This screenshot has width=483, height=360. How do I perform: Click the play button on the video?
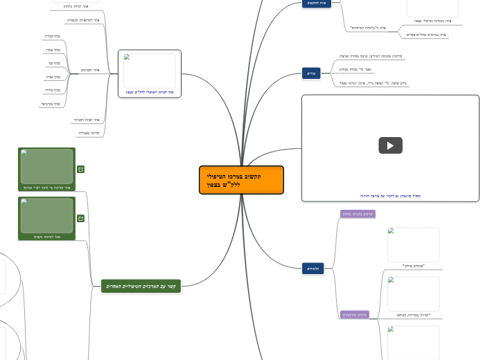pos(390,145)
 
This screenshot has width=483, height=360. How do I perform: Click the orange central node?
pos(241,180)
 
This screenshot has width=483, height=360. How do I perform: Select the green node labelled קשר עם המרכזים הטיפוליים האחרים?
pos(141,286)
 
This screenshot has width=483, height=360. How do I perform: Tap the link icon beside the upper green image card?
pos(81,169)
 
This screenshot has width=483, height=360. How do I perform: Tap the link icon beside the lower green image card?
pos(81,218)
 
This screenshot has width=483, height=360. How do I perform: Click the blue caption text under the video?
pos(390,196)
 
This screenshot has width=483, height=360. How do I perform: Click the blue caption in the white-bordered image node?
pos(150,92)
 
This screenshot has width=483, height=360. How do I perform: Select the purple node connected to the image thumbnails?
pos(355,314)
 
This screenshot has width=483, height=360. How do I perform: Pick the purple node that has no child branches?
pos(358,214)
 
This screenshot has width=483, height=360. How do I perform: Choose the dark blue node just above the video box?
pos(313,73)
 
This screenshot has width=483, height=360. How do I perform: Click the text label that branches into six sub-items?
pos(87,70)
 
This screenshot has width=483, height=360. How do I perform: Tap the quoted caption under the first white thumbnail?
pos(413,266)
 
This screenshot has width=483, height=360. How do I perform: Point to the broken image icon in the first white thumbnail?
pos(391,231)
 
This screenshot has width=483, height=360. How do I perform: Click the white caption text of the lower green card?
pos(46,237)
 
